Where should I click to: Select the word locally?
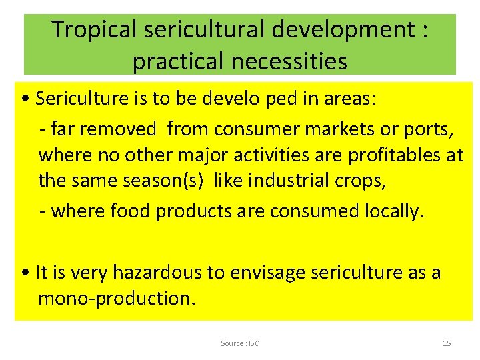[x=389, y=211]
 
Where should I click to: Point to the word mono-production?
[x=117, y=298]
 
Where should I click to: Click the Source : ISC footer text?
[x=240, y=343]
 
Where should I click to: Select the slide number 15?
[x=447, y=343]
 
